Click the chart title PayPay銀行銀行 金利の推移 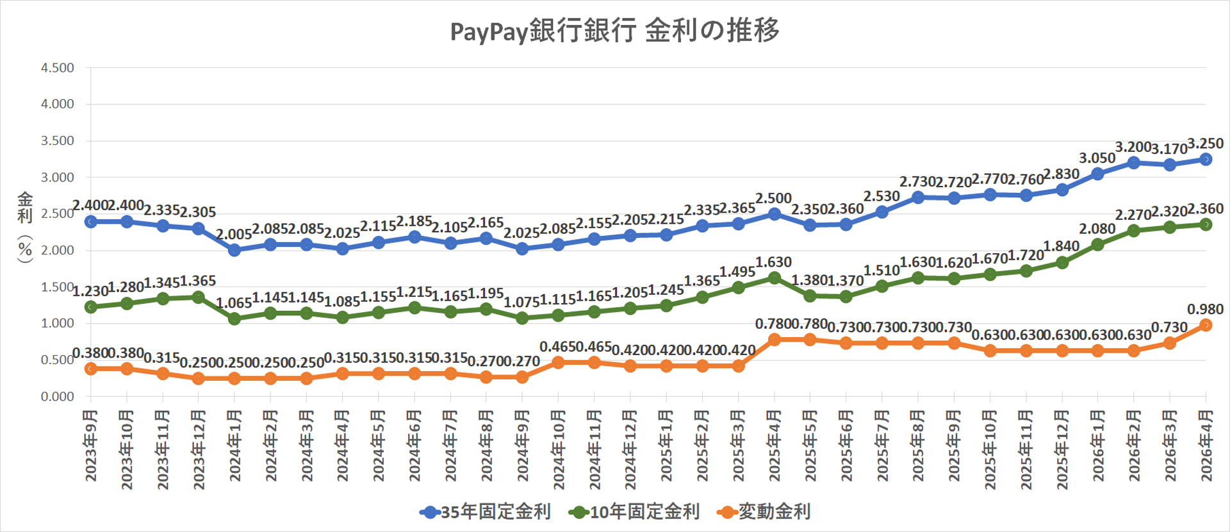[x=614, y=31]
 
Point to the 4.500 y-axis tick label [x=58, y=68]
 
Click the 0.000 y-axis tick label [x=58, y=397]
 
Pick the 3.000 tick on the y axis [x=58, y=178]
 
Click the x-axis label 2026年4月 [x=1206, y=446]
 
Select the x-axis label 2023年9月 [x=91, y=446]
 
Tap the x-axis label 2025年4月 [x=774, y=446]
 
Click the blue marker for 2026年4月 [x=1206, y=159]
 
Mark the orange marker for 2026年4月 [x=1206, y=325]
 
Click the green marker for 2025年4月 [x=774, y=278]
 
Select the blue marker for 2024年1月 [x=234, y=250]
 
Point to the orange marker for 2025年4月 [x=774, y=340]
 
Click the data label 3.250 [x=1205, y=144]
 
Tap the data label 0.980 [x=1205, y=310]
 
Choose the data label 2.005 [x=234, y=235]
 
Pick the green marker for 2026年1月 [x=1097, y=244]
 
